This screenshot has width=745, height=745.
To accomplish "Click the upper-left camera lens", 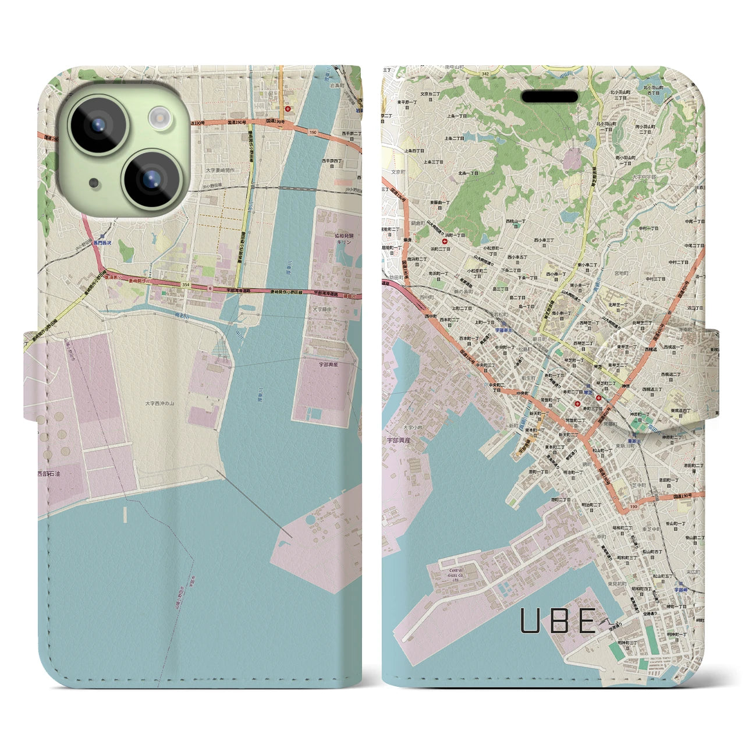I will click(97, 124).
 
